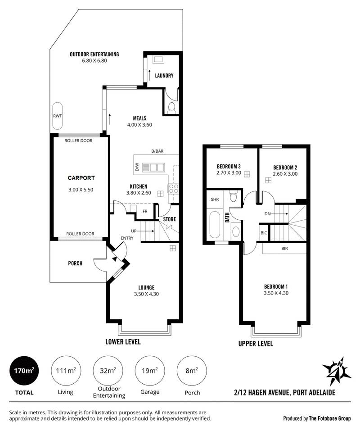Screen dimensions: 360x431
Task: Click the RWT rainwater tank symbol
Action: tap(58, 116)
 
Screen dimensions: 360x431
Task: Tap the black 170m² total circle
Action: tap(24, 371)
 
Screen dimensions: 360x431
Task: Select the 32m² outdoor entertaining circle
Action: tap(108, 371)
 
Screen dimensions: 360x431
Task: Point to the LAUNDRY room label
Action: tap(164, 76)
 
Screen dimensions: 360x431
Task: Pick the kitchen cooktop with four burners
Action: tap(173, 189)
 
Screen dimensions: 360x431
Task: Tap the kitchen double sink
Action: tap(153, 168)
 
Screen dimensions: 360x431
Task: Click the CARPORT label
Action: tap(81, 178)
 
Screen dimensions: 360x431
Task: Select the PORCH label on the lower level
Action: tap(75, 263)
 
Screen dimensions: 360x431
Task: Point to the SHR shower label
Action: tap(215, 199)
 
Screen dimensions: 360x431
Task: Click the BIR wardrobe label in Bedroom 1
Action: tap(284, 248)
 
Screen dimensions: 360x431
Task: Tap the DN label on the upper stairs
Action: tap(267, 213)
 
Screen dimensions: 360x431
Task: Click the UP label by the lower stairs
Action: tap(134, 231)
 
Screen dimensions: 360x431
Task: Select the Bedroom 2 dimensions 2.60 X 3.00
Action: tap(285, 174)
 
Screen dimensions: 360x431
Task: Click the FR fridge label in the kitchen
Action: tap(145, 211)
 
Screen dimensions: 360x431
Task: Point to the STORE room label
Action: tap(170, 219)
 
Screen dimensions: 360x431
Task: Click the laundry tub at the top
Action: tap(158, 59)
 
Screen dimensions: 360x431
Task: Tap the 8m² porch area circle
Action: tap(192, 371)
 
